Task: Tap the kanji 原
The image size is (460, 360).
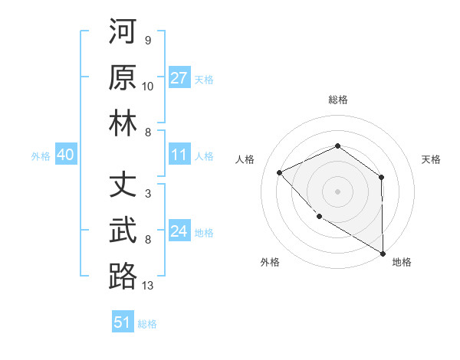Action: (x=123, y=78)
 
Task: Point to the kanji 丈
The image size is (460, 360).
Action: (x=123, y=185)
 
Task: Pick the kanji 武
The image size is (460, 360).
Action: (x=123, y=231)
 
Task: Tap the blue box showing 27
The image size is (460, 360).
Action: (x=179, y=78)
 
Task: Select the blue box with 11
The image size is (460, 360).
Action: (x=179, y=155)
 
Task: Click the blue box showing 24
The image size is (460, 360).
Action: (x=179, y=232)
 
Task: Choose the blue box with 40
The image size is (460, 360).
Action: (x=65, y=155)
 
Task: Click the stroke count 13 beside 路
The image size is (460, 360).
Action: (x=148, y=286)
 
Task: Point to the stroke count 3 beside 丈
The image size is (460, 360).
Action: (x=148, y=194)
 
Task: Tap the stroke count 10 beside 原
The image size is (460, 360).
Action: (x=148, y=87)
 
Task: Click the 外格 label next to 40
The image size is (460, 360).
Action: (x=41, y=156)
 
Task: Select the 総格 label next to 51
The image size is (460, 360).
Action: (x=147, y=323)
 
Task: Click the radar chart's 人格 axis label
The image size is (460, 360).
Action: (x=245, y=159)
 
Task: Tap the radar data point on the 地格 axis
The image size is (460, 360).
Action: (x=383, y=253)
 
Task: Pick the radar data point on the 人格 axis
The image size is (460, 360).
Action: (x=280, y=172)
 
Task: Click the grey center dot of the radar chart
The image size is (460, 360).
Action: (x=337, y=191)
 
